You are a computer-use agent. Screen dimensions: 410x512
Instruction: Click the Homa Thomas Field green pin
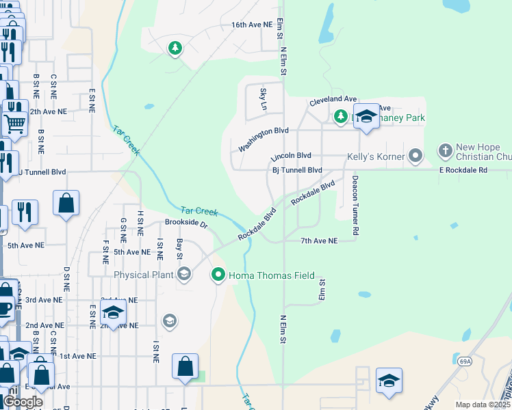click(218, 275)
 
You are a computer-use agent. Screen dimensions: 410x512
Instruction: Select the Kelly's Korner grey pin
click(415, 156)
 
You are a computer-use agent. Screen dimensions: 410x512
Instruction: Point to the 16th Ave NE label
click(252, 25)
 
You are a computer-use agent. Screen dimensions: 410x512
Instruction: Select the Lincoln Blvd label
click(291, 156)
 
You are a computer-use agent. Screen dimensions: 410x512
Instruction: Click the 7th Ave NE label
click(320, 241)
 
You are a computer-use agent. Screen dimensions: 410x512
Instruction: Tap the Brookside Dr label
click(185, 223)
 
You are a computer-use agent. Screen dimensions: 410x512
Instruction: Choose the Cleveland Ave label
click(333, 100)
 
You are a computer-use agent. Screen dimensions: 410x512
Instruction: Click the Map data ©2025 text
click(482, 405)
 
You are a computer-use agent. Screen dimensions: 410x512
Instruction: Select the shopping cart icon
click(14, 124)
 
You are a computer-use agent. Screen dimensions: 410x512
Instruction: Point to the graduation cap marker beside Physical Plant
click(183, 275)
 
